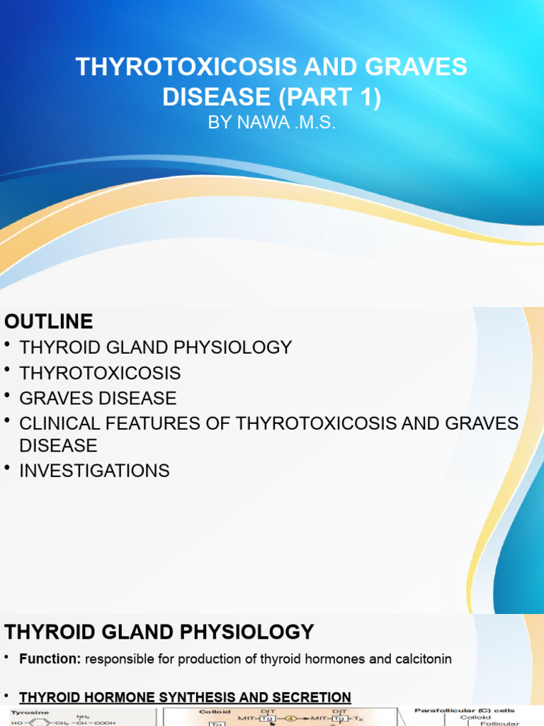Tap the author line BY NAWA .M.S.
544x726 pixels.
(271, 123)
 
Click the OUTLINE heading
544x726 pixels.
(48, 321)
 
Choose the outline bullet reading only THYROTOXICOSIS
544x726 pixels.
(100, 373)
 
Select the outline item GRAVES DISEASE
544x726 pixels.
(98, 398)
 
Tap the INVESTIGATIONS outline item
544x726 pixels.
(94, 470)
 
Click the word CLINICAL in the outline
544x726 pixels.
(61, 424)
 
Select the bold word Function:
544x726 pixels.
(50, 659)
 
